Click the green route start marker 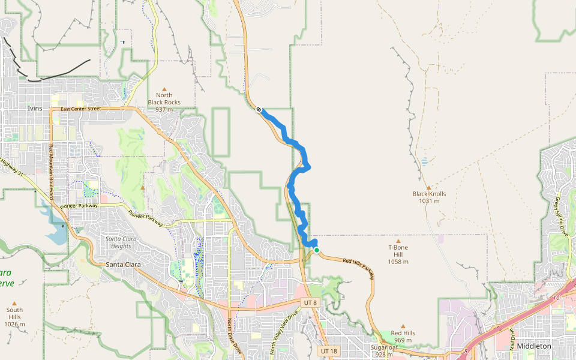click(x=316, y=250)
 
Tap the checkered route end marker click(x=259, y=109)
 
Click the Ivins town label click(x=35, y=108)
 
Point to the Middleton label click(x=533, y=346)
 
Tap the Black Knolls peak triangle click(x=429, y=187)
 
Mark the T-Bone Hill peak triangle click(x=398, y=241)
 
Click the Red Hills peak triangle click(x=403, y=326)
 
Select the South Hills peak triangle click(x=14, y=303)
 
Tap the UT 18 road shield click(x=329, y=350)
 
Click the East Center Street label click(x=81, y=109)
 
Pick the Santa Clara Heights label click(x=118, y=242)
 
